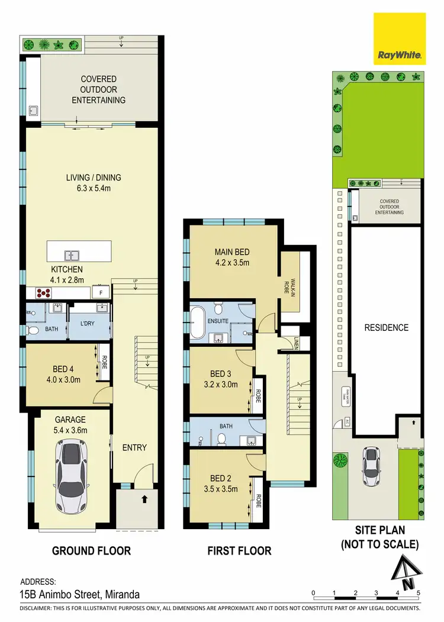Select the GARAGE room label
[71, 420]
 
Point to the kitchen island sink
[72, 256]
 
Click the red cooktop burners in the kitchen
[44, 292]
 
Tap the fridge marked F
[101, 292]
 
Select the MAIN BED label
[232, 252]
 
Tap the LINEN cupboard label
[296, 341]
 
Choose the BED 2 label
[220, 478]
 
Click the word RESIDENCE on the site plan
[386, 327]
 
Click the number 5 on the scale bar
[419, 592]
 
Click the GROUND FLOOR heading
[92, 551]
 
